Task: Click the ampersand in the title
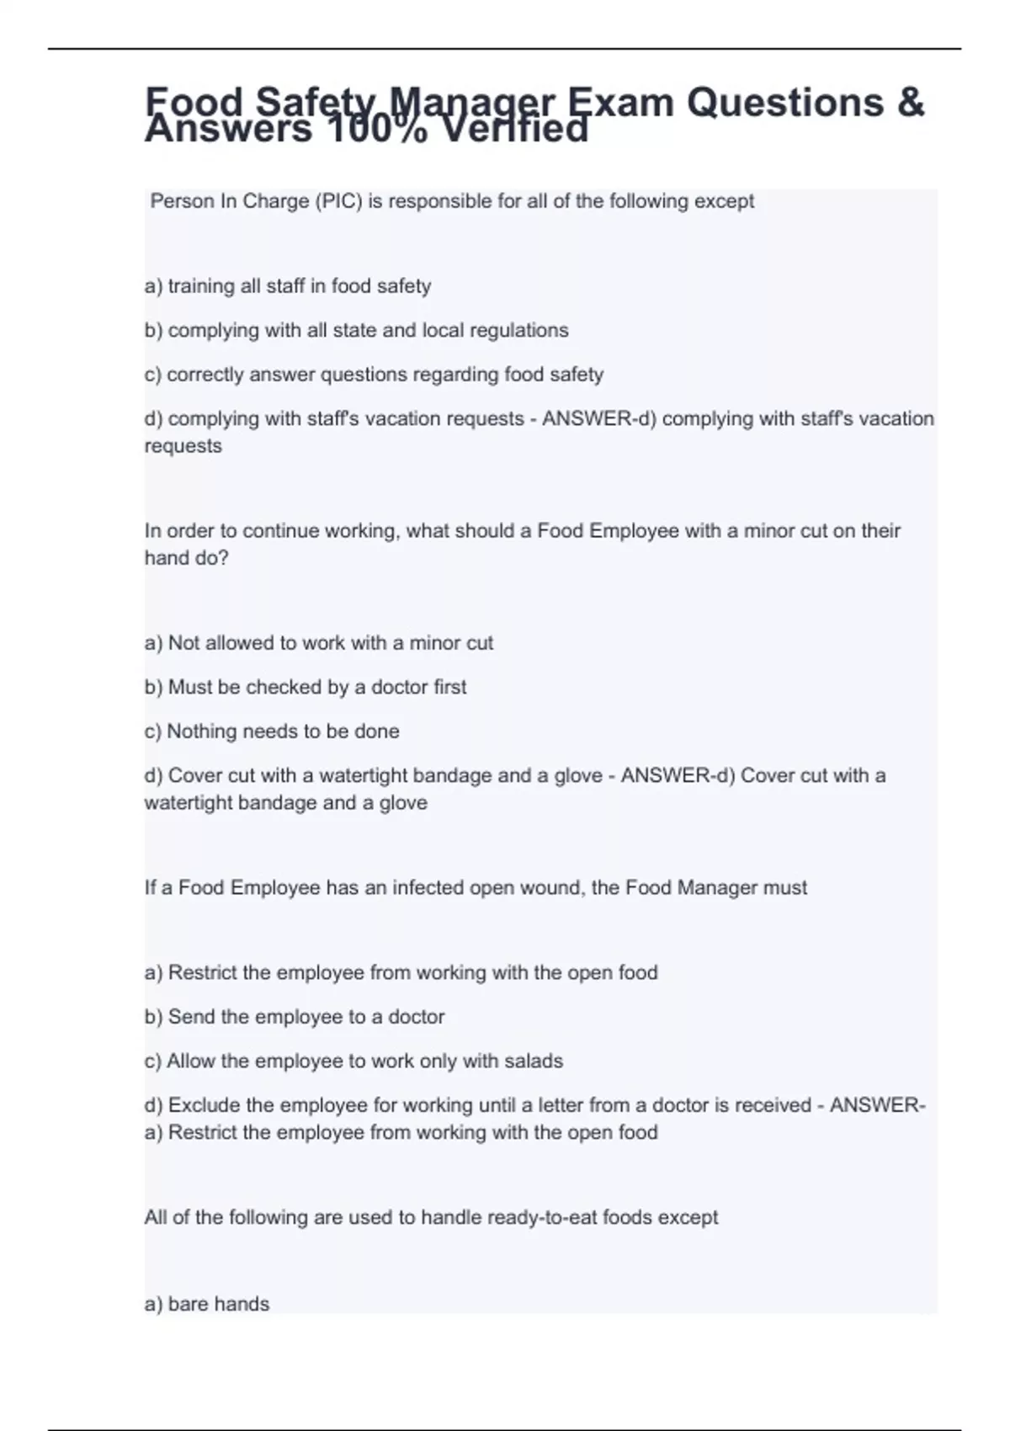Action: [911, 103]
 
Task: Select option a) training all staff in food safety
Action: [288, 286]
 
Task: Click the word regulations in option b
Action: [518, 330]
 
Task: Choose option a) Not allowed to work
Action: [319, 643]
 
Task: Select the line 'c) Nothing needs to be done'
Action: [272, 731]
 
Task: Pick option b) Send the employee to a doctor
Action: [295, 1017]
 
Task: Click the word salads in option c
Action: [533, 1061]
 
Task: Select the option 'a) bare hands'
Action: [207, 1304]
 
